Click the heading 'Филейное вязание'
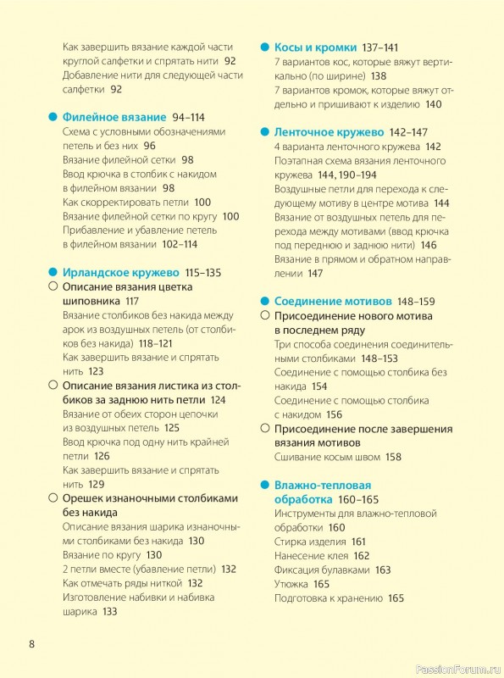pyautogui.click(x=114, y=117)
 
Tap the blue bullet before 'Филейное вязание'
pyautogui.click(x=53, y=117)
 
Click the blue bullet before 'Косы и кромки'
pyautogui.click(x=263, y=47)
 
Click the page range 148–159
pyautogui.click(x=415, y=301)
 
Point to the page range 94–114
pyautogui.click(x=188, y=117)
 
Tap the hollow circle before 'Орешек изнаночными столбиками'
pyautogui.click(x=53, y=498)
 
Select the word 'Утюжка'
pyautogui.click(x=291, y=584)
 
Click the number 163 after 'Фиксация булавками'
pyautogui.click(x=383, y=570)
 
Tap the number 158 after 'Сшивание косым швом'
pyautogui.click(x=393, y=457)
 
